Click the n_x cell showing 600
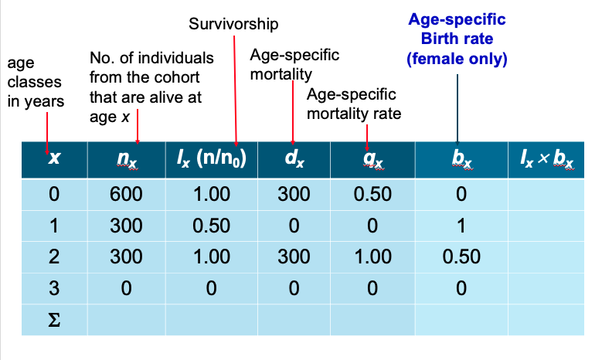(126, 195)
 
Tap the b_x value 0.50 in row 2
(461, 256)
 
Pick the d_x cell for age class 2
(294, 256)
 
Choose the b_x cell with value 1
(461, 226)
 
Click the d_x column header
(294, 160)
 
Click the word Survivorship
(233, 25)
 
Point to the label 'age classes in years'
(36, 82)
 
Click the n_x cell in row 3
(126, 287)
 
